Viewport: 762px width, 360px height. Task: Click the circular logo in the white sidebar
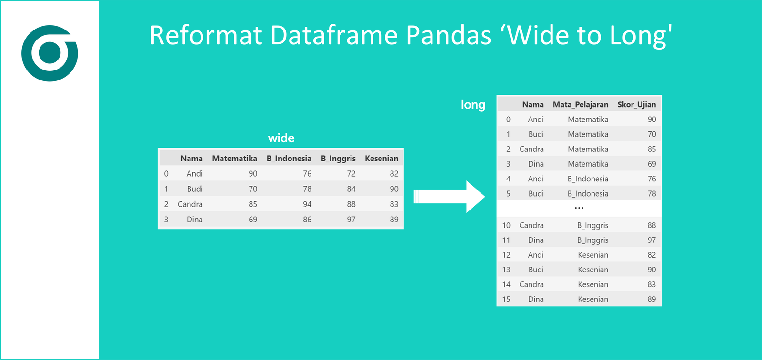(x=50, y=53)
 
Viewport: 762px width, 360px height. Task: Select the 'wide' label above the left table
(x=281, y=138)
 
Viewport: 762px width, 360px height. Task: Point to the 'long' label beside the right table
(x=472, y=105)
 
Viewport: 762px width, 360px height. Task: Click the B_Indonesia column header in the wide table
(x=289, y=159)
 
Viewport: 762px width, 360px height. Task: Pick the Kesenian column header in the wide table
(x=381, y=159)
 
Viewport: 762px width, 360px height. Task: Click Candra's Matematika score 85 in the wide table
(x=253, y=204)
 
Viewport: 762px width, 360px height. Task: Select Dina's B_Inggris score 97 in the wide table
(x=351, y=220)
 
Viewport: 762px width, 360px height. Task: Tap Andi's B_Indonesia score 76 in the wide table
(x=307, y=174)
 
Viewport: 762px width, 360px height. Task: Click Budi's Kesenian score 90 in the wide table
(x=394, y=189)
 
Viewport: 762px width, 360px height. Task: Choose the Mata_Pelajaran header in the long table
(x=580, y=105)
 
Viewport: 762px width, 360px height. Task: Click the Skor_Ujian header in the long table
(x=636, y=105)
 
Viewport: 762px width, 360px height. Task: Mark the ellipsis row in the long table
(x=579, y=208)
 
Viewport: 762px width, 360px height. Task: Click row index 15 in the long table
(x=506, y=299)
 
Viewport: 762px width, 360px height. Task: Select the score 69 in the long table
(x=652, y=164)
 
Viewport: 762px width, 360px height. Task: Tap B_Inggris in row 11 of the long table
(x=592, y=240)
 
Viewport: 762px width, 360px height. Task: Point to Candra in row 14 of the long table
(x=531, y=284)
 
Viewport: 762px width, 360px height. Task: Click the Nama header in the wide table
(x=191, y=159)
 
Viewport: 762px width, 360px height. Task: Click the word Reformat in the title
(x=206, y=35)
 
